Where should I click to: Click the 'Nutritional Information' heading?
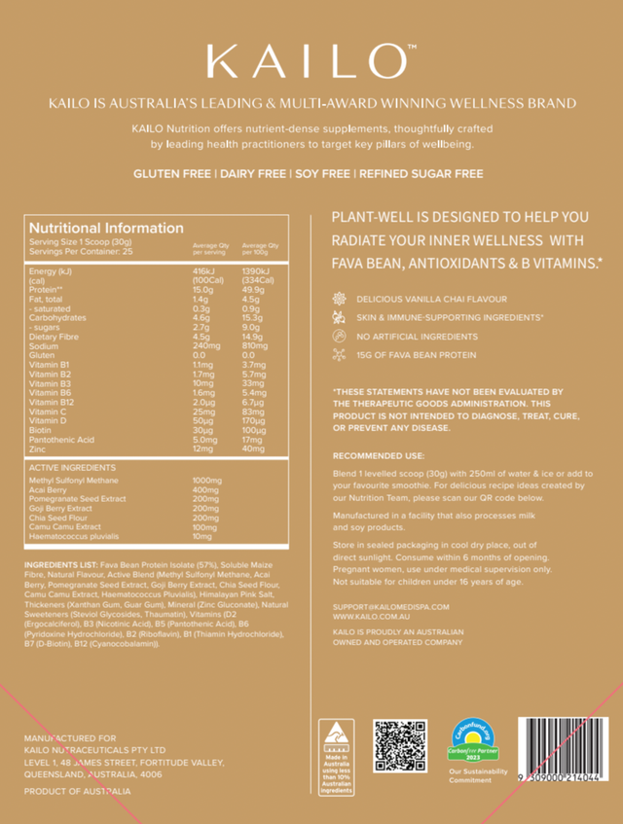click(106, 228)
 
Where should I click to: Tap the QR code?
click(400, 746)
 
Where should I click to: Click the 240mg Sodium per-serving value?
click(203, 345)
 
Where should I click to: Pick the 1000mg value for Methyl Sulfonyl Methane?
click(208, 481)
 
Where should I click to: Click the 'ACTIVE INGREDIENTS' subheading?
click(73, 467)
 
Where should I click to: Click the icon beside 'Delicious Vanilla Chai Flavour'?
click(339, 299)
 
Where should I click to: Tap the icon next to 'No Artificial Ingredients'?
click(339, 337)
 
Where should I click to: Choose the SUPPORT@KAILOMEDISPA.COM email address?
click(391, 606)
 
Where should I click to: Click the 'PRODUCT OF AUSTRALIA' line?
click(77, 791)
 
